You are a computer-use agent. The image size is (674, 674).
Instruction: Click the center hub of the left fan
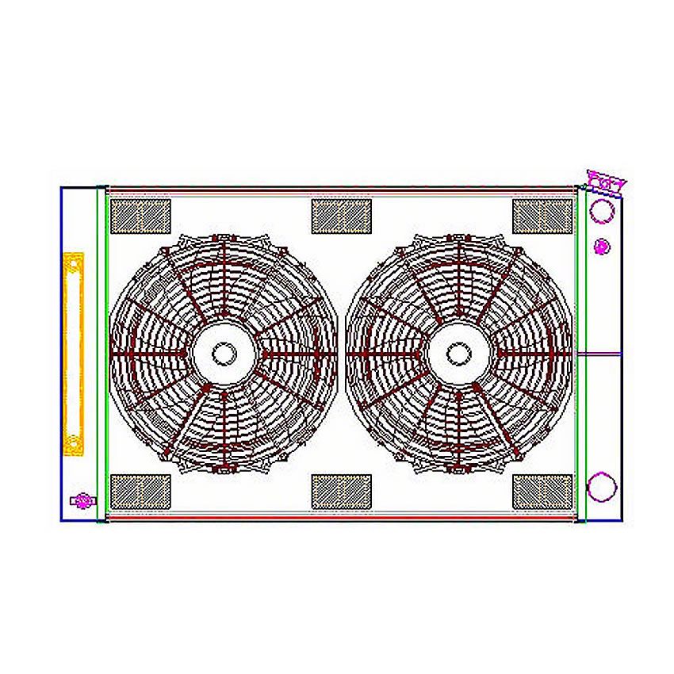224,353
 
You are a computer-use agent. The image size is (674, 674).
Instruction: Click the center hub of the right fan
459,353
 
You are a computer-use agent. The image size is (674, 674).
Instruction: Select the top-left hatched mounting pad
140,216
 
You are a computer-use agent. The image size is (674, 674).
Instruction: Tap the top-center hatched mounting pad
342,216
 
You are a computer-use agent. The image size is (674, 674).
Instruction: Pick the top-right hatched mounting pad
542,216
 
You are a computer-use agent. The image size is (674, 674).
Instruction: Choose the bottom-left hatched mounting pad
140,492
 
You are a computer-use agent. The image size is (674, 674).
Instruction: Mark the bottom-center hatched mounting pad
342,492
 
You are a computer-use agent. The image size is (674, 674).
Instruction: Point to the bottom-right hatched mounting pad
542,492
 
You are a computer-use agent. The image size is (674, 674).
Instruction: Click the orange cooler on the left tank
74,353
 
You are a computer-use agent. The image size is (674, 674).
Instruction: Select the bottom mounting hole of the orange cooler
74,444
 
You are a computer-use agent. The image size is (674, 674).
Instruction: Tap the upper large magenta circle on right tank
602,211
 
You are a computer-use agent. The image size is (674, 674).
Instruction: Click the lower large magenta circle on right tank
601,486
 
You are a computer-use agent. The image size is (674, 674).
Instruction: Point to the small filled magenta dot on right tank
602,247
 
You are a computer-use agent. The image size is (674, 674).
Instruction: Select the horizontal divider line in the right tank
599,353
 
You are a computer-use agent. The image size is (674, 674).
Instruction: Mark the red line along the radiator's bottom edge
341,517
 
